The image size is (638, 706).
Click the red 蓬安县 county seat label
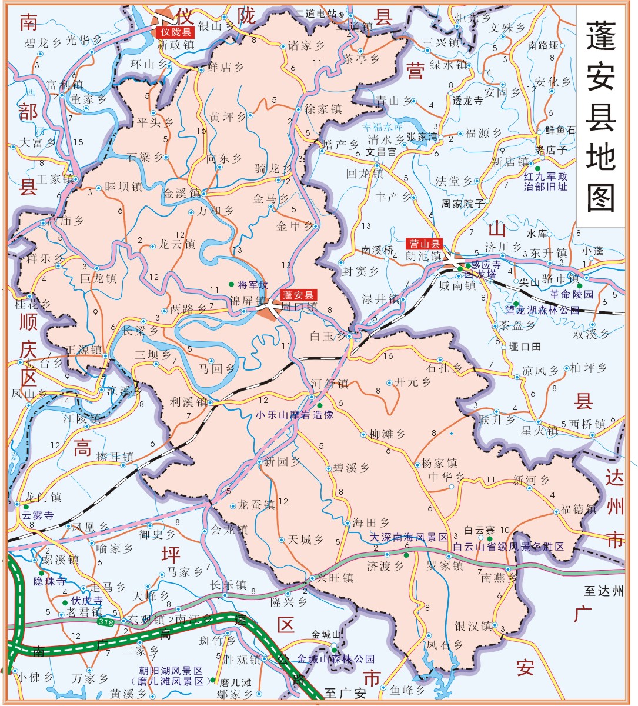pos(298,295)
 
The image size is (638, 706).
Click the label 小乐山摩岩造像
pos(294,415)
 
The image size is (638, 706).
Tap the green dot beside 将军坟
pos(231,285)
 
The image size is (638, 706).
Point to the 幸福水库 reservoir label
pos(383,126)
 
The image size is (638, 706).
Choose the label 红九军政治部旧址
pos(546,181)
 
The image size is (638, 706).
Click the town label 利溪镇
pos(189,402)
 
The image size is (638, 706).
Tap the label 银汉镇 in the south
pos(473,626)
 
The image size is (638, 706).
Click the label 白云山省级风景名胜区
pos(508,547)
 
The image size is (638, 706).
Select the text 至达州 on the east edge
pos(603,591)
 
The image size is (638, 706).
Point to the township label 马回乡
pos(216,369)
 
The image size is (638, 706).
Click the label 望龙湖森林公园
pos(542,309)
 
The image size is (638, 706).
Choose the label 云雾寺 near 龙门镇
pos(38,515)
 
